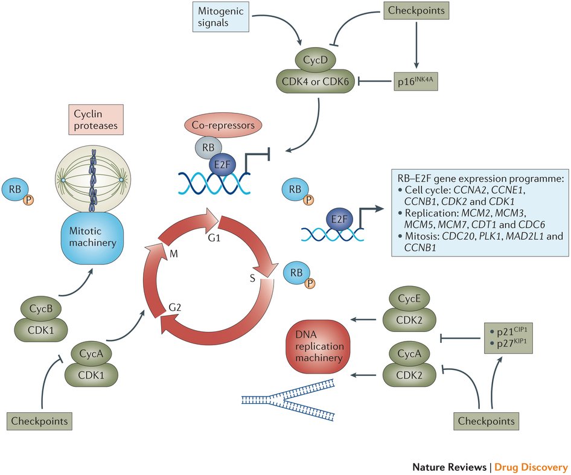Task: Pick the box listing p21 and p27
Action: coord(509,336)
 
